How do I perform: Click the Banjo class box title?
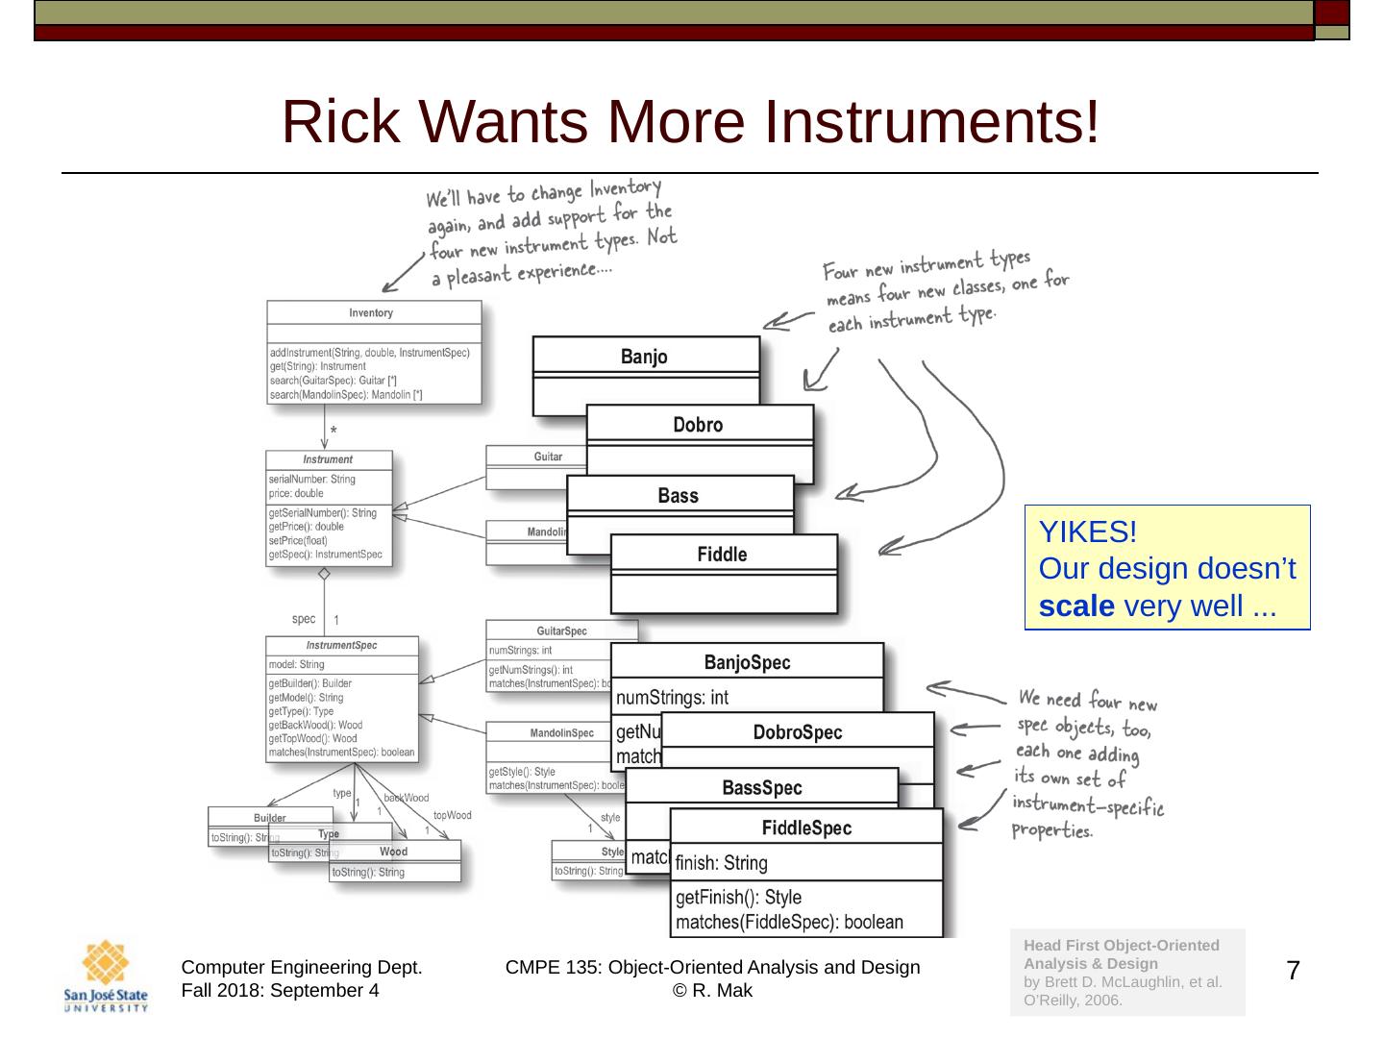click(x=644, y=357)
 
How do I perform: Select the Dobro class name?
click(x=698, y=425)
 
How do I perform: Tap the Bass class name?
click(x=678, y=496)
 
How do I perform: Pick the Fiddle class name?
click(x=722, y=555)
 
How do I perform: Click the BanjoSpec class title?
click(x=747, y=662)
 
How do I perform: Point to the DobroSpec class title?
click(x=797, y=732)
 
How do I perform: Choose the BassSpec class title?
click(x=761, y=788)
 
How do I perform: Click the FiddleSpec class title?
click(x=806, y=828)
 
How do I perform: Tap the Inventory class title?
click(x=371, y=313)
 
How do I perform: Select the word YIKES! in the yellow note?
click(x=1088, y=531)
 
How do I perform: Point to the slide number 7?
click(x=1293, y=971)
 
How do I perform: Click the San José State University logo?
click(x=106, y=976)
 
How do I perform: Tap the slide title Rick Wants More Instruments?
click(x=690, y=122)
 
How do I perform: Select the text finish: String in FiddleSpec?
click(x=721, y=863)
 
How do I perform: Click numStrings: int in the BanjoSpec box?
click(x=672, y=698)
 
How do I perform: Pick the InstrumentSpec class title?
click(x=341, y=646)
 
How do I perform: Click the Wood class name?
click(x=393, y=852)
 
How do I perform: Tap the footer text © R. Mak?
click(x=712, y=991)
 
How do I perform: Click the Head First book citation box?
click(x=1126, y=972)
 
